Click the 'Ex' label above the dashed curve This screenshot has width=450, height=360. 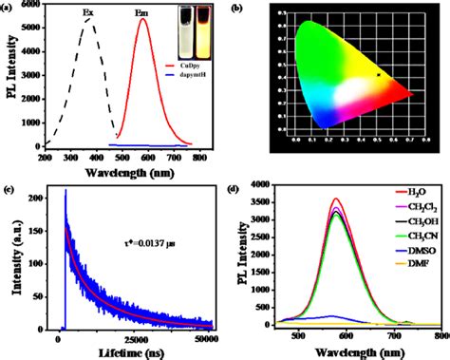pyautogui.click(x=88, y=14)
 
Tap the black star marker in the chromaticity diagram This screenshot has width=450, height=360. pyautogui.click(x=379, y=73)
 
